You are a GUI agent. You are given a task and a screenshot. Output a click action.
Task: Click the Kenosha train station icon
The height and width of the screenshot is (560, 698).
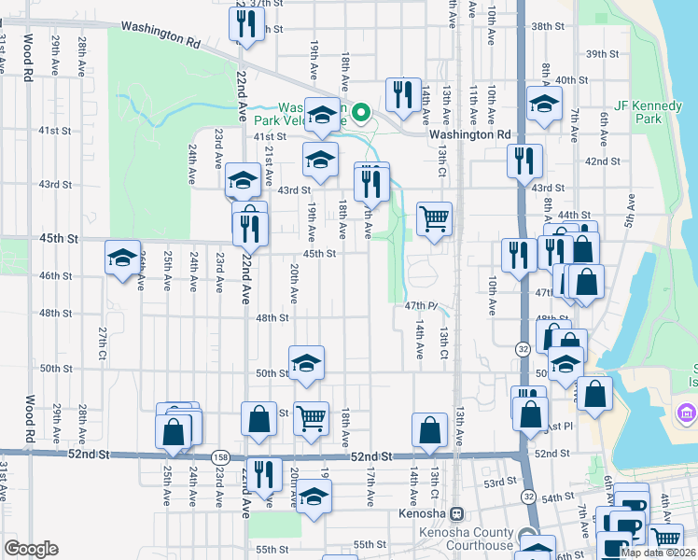point(457,513)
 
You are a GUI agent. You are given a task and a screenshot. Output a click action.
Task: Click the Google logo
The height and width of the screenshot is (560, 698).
point(31,549)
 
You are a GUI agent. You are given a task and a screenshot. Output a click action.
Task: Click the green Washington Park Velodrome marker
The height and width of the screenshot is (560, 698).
point(362,113)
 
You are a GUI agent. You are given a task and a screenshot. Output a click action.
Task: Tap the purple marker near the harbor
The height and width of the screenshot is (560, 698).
point(687,412)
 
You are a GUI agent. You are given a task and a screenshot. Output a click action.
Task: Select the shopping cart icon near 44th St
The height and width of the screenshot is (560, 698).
point(434,220)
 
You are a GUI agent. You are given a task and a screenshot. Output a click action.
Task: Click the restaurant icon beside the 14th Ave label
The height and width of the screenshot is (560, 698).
point(403,94)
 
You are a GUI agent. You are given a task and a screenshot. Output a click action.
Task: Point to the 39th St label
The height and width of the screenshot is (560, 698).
point(602,55)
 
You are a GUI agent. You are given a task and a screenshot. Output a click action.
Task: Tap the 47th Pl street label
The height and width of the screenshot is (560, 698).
point(422,305)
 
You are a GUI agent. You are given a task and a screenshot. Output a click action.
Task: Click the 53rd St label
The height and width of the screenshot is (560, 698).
point(499,483)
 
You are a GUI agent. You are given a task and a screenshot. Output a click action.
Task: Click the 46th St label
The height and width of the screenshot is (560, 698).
point(56,276)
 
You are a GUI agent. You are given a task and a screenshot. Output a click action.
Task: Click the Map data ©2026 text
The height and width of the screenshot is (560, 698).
point(658,553)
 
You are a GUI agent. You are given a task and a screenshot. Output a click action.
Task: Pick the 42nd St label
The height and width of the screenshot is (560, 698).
point(602,161)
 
